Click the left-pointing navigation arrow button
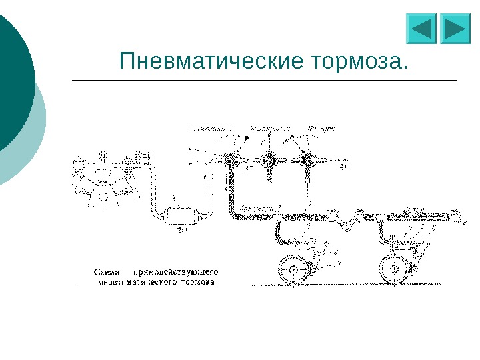(421, 29)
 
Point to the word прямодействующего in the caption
(177, 271)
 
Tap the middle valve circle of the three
(269, 160)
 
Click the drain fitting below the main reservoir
(182, 231)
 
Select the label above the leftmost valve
(211, 127)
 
